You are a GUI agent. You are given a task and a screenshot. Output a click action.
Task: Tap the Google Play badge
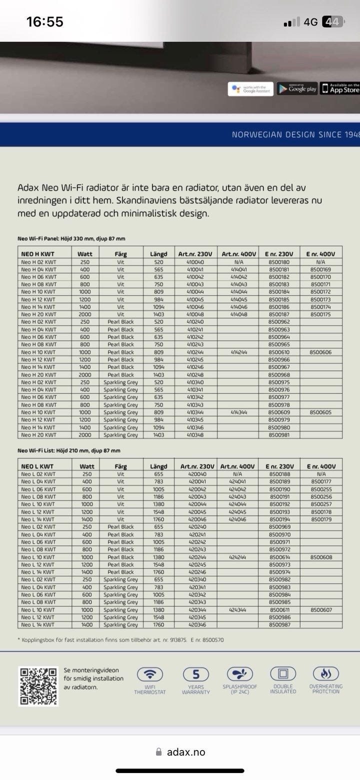297,89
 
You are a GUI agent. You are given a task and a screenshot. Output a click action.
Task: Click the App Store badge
340,88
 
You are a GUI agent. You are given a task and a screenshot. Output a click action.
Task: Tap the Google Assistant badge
250,89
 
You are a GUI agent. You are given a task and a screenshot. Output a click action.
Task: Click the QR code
38,686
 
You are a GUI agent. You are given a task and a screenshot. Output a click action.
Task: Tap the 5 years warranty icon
192,673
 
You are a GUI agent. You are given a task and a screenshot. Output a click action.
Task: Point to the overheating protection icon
326,673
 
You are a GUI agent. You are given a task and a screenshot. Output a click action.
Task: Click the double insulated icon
283,673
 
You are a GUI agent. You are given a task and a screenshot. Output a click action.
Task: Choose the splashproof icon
240,673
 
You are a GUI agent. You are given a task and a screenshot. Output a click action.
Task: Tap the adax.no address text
186,752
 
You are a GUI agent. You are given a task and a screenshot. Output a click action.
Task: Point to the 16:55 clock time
45,22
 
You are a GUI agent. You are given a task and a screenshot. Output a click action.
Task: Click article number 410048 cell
195,314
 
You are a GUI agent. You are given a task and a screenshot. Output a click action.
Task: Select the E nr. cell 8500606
320,352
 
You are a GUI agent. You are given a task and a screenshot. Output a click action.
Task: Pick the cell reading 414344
238,412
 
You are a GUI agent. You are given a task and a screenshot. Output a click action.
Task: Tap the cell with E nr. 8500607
320,610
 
